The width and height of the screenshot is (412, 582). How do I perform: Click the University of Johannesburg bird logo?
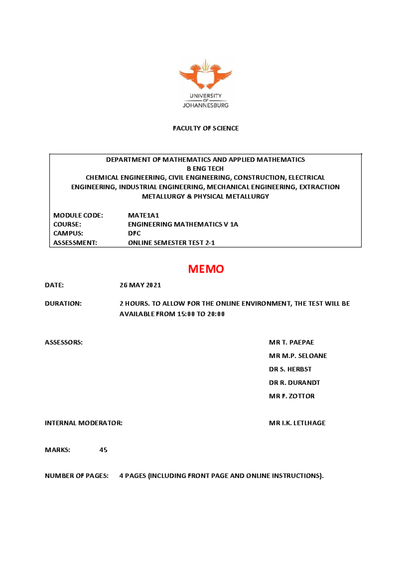pyautogui.click(x=205, y=75)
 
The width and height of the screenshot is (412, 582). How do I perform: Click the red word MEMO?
pyautogui.click(x=206, y=269)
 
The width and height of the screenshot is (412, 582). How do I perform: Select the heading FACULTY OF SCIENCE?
pyautogui.click(x=206, y=128)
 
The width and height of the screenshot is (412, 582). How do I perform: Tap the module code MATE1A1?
pyautogui.click(x=144, y=216)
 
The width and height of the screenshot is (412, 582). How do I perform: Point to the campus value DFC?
pyautogui.click(x=134, y=233)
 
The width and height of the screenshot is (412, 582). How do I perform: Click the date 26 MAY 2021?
pyautogui.click(x=140, y=285)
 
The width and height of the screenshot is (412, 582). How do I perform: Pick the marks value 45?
pyautogui.click(x=103, y=450)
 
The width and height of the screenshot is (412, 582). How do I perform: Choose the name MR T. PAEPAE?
pyautogui.click(x=291, y=342)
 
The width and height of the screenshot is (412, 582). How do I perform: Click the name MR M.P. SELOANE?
pyautogui.click(x=298, y=356)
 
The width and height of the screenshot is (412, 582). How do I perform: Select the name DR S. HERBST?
pyautogui.click(x=290, y=369)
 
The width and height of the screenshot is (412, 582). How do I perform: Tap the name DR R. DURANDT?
pyautogui.click(x=294, y=383)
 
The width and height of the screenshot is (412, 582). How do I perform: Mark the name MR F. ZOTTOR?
pyautogui.click(x=291, y=396)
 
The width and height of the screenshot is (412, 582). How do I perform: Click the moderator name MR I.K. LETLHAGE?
pyautogui.click(x=297, y=423)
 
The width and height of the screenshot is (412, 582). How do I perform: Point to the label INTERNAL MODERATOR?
pyautogui.click(x=83, y=423)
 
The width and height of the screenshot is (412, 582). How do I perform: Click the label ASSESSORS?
pyautogui.click(x=64, y=342)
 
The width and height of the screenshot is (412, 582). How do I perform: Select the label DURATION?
pyautogui.click(x=63, y=304)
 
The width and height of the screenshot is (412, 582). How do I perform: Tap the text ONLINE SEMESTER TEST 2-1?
pyautogui.click(x=171, y=243)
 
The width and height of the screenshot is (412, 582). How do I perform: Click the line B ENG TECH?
pyautogui.click(x=205, y=169)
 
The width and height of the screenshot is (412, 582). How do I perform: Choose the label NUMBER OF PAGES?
pyautogui.click(x=77, y=476)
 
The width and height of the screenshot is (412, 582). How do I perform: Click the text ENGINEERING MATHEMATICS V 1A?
pyautogui.click(x=183, y=224)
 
